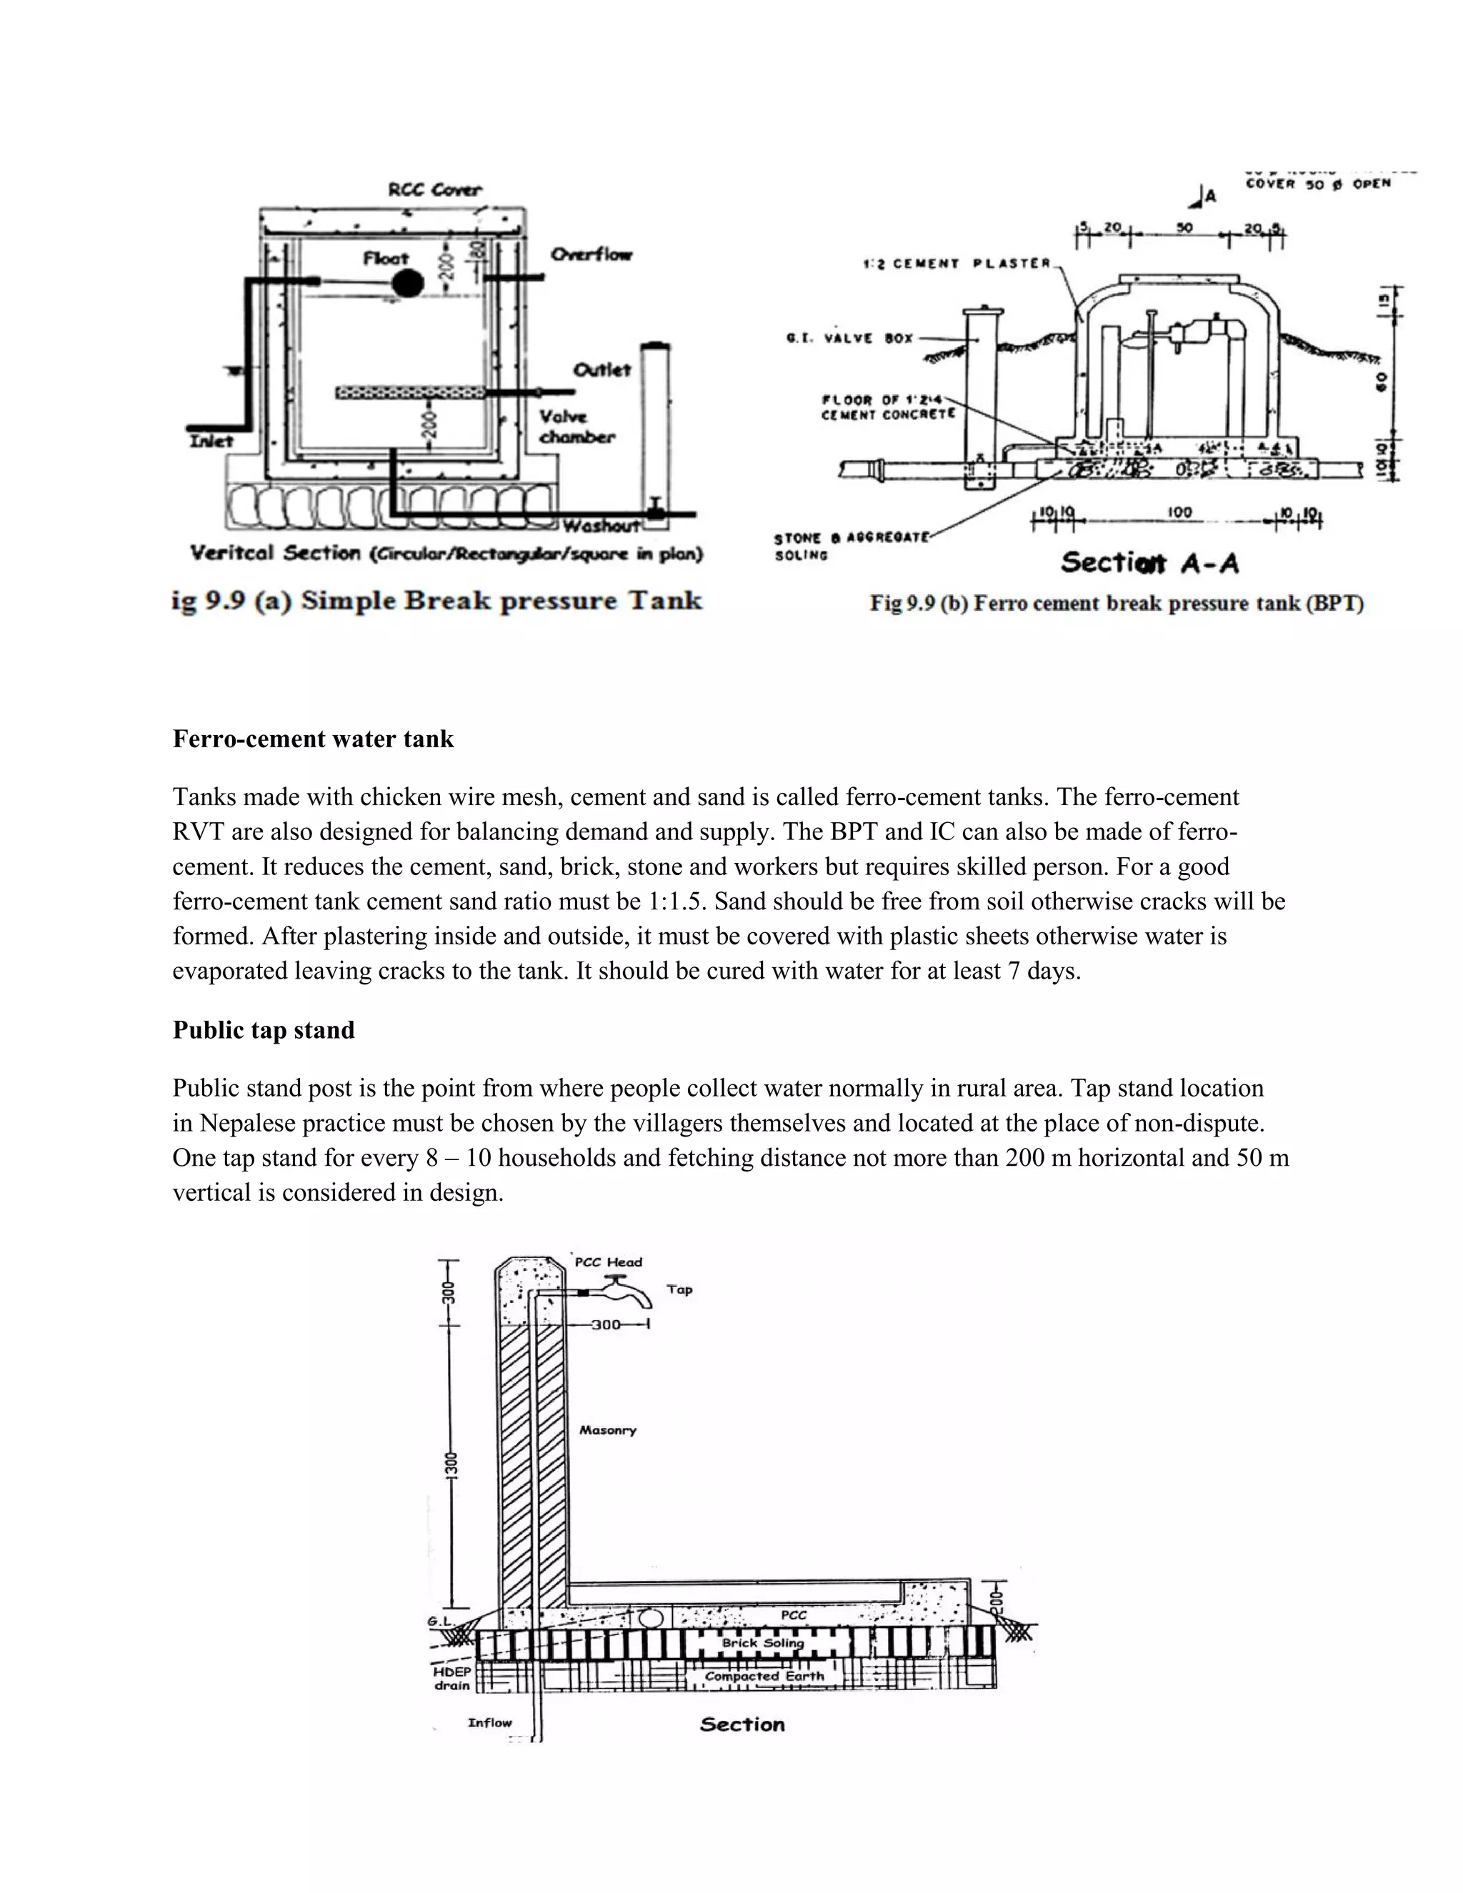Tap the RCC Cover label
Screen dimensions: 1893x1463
[435, 190]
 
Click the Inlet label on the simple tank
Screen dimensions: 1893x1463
[212, 442]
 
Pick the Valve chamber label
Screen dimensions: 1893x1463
[576, 427]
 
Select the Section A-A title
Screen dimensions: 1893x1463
[1149, 564]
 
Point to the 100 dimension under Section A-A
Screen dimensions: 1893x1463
[1179, 513]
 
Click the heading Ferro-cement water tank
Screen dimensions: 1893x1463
[313, 739]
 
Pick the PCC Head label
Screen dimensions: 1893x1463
[609, 1263]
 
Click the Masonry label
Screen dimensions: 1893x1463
[608, 1431]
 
